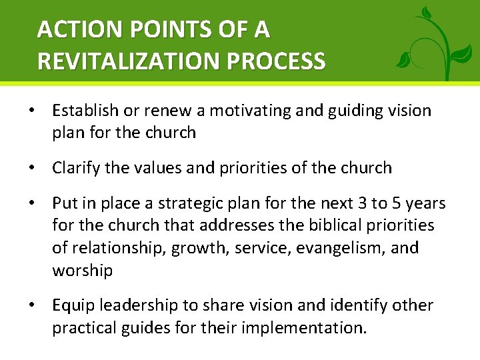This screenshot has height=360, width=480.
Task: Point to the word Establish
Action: click(x=83, y=111)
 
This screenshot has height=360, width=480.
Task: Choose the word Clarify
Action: click(x=75, y=168)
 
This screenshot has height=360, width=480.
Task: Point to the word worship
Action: click(x=83, y=271)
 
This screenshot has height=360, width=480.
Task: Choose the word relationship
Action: click(x=118, y=248)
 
